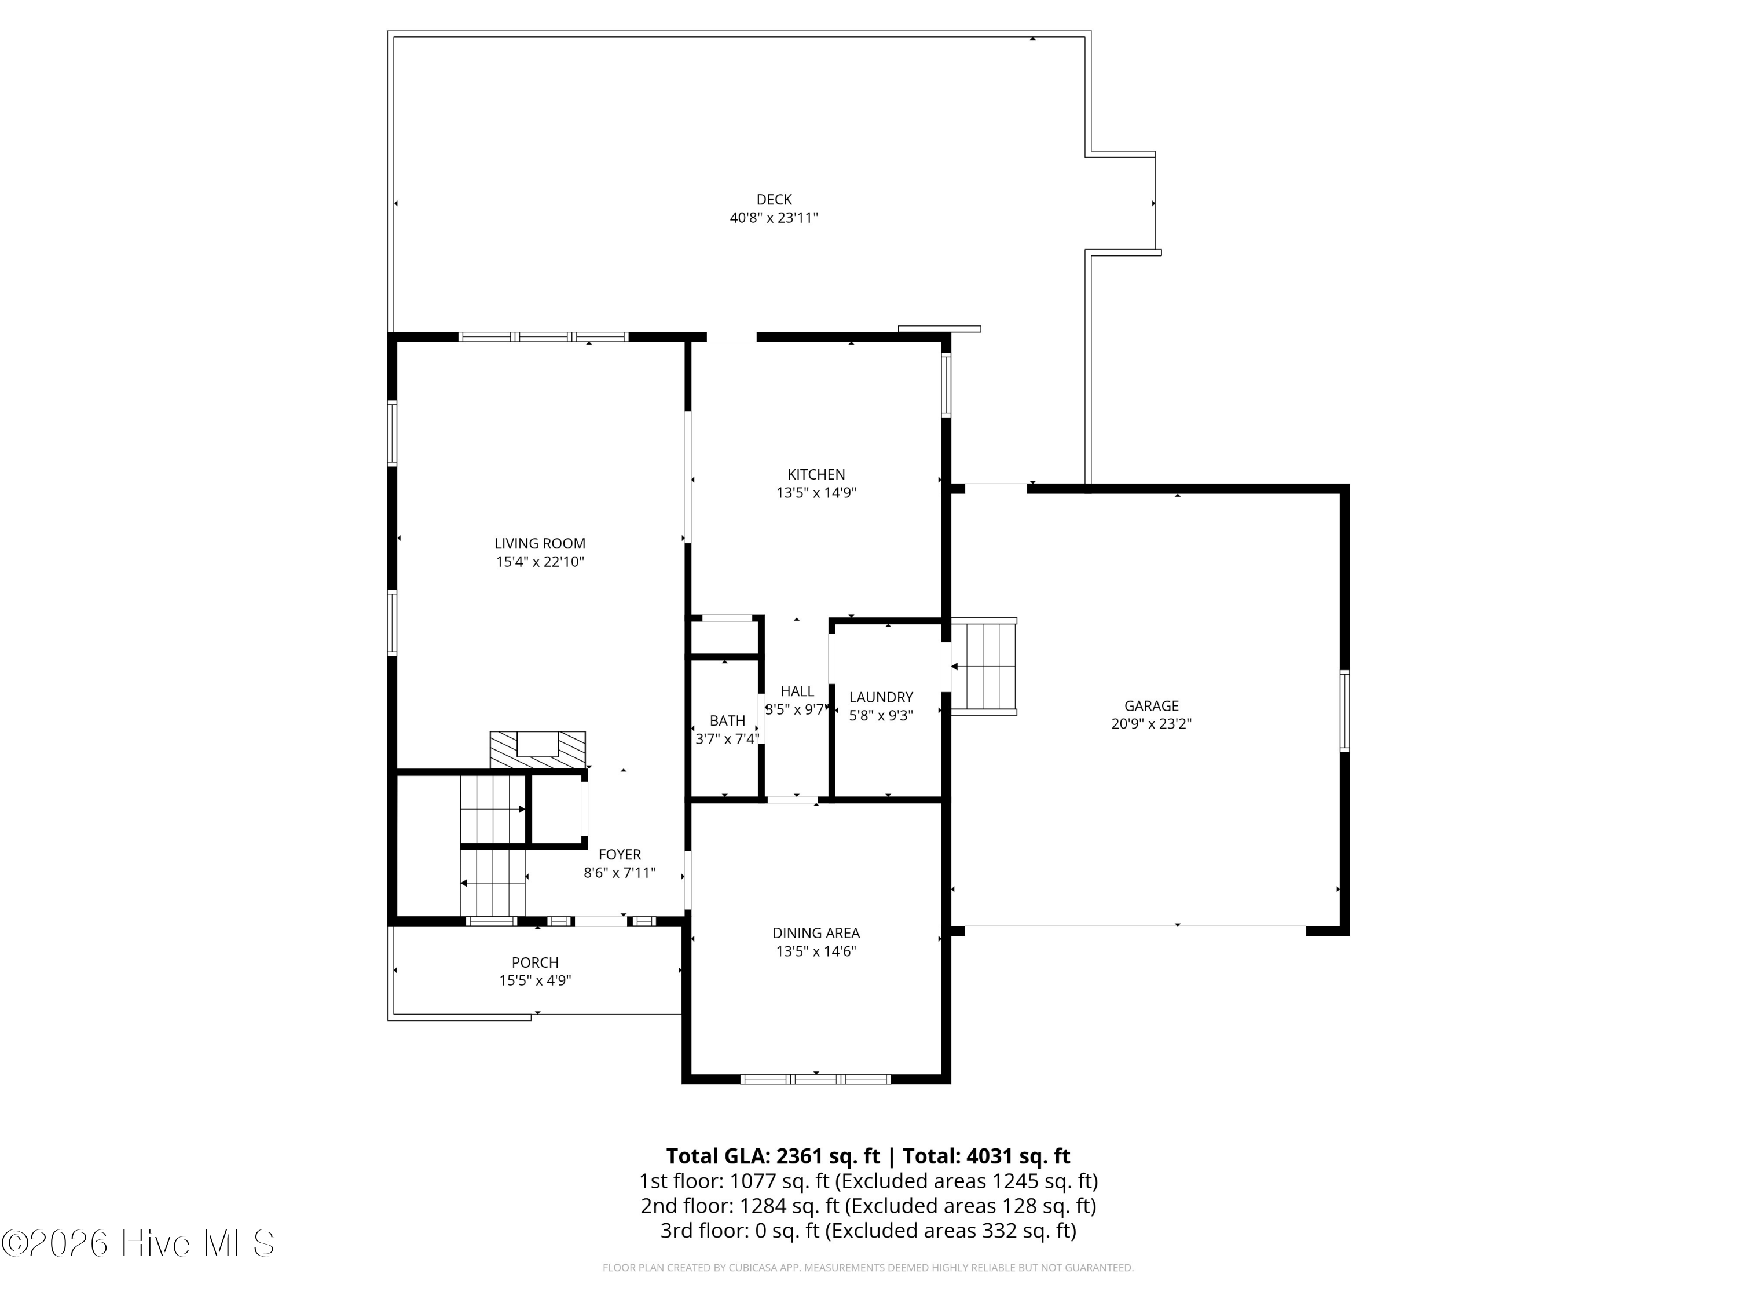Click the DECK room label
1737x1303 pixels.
(774, 199)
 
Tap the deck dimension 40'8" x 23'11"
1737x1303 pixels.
(774, 218)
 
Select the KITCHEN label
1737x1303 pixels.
(816, 474)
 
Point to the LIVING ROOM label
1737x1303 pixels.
(540, 544)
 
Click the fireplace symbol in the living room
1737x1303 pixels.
(538, 749)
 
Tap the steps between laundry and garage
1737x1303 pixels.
(984, 666)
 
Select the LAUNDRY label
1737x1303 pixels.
(881, 697)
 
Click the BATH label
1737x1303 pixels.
(727, 721)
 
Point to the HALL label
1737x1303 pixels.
(797, 691)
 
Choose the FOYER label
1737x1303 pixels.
(620, 855)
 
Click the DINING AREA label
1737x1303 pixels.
(816, 933)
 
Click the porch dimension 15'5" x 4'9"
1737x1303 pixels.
(535, 980)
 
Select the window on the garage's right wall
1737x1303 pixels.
(1344, 711)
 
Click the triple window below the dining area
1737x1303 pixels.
(816, 1079)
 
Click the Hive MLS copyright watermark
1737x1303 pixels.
(138, 1243)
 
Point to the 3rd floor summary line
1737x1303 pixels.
(868, 1230)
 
